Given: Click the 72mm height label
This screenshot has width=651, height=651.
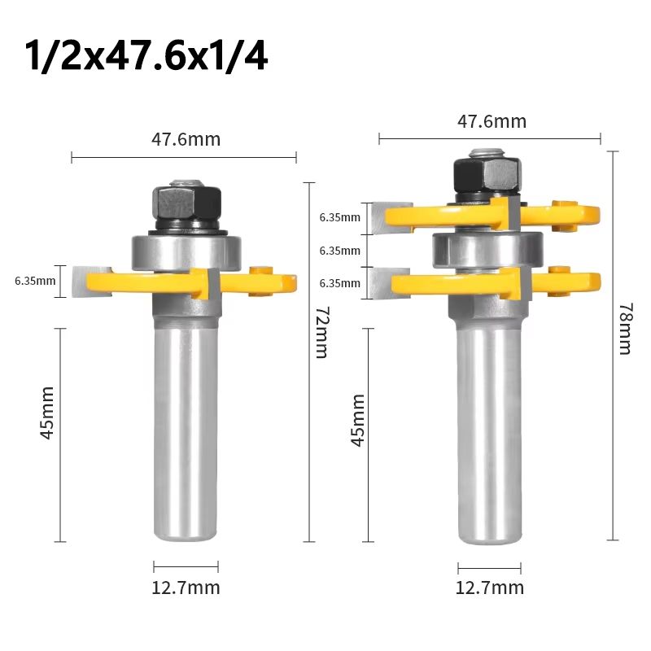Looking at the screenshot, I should [x=320, y=334].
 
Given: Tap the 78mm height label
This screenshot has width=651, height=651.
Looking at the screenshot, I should [x=624, y=329].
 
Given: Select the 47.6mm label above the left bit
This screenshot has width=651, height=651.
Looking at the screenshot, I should [x=186, y=139].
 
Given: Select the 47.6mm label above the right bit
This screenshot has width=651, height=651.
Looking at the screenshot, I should [x=492, y=122].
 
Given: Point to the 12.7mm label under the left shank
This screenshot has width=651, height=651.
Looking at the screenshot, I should [x=186, y=588].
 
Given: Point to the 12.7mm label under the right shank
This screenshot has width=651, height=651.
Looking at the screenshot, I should [x=490, y=588].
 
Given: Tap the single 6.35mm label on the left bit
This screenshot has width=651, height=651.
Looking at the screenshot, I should [x=35, y=282].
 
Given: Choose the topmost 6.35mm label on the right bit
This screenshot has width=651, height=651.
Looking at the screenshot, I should [x=339, y=217].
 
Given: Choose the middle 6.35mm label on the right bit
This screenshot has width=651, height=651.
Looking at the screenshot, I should [x=339, y=251].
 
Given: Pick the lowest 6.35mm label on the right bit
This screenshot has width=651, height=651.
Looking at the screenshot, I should [x=339, y=283].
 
